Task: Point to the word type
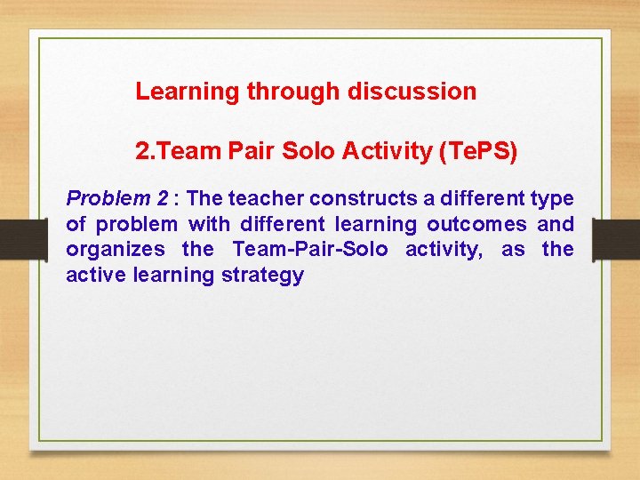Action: point(553,197)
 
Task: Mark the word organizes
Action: point(116,249)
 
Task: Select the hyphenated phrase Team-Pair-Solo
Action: point(310,249)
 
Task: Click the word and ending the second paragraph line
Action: point(556,223)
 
